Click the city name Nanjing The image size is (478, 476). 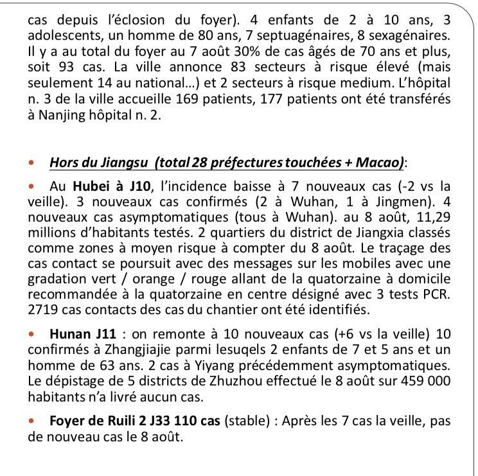click(67, 117)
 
